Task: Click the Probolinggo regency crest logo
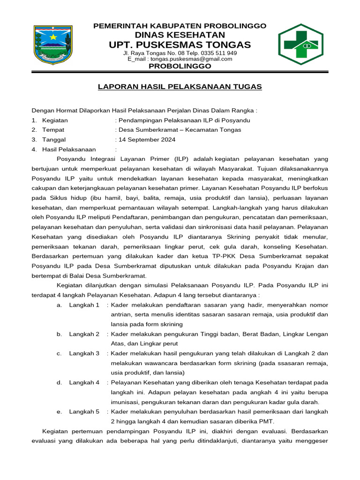pos(52,45)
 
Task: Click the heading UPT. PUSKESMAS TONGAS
pos(180,45)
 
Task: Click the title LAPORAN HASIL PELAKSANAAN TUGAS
pos(180,87)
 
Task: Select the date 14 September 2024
pos(147,140)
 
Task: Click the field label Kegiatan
pos(55,120)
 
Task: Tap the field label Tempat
pos(53,130)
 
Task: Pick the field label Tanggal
pos(54,140)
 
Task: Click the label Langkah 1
pos(84,305)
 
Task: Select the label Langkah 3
pos(84,353)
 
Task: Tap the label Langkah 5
pos(84,412)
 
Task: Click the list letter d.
pos(60,382)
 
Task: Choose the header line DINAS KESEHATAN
pos(180,35)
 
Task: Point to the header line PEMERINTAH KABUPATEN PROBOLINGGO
pos(180,26)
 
